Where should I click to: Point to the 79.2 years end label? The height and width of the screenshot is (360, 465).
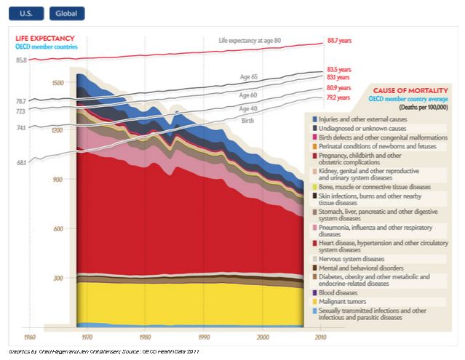338,97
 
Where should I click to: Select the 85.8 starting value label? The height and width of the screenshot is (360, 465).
20,60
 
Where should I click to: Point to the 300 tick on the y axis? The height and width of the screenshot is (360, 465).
59,278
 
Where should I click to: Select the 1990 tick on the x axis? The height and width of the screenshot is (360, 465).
204,338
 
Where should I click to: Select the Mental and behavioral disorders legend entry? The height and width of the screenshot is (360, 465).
359,267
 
